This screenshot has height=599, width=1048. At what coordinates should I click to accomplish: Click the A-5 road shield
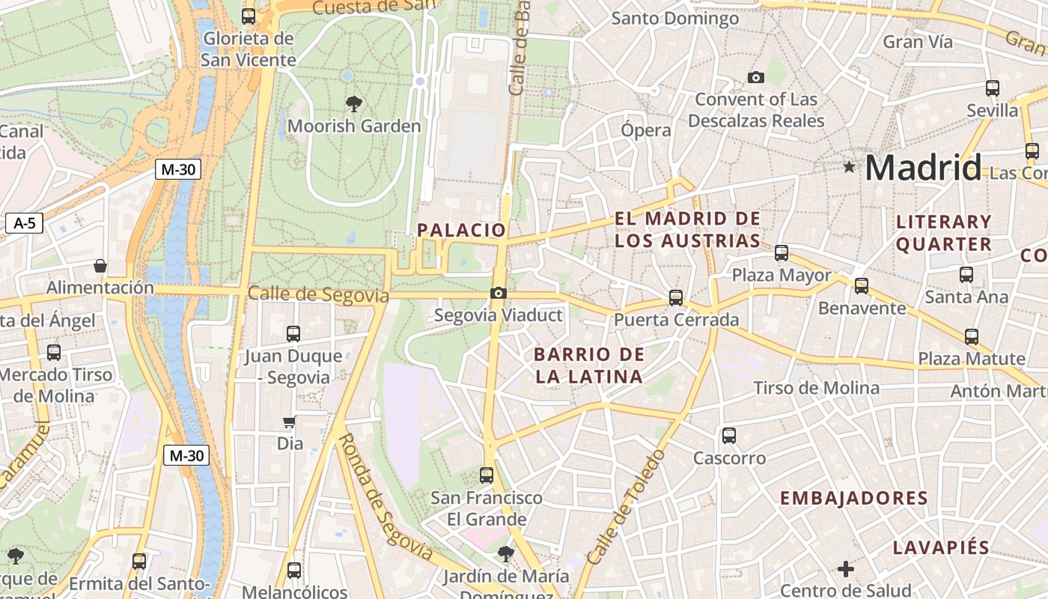click(x=25, y=222)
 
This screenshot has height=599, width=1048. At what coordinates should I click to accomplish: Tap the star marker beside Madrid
click(x=849, y=167)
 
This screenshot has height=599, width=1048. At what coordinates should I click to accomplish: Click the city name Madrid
click(x=923, y=168)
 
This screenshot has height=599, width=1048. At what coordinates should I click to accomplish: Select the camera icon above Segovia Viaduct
click(x=499, y=293)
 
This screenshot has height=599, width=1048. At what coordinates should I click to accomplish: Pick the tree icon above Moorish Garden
click(x=354, y=103)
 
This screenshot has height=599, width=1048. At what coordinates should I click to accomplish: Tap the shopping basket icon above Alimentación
click(x=100, y=266)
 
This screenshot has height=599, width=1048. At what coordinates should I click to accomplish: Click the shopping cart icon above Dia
click(x=290, y=422)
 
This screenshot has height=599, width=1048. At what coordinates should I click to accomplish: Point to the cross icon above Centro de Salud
click(x=846, y=569)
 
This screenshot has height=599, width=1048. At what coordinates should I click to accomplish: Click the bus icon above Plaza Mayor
click(x=782, y=253)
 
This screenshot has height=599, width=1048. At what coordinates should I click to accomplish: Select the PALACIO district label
click(x=462, y=230)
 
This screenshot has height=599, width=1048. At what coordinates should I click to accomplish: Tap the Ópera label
click(x=646, y=130)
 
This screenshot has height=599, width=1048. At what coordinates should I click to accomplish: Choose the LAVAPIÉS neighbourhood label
click(x=941, y=547)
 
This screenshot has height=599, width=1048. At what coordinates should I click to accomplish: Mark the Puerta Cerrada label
click(x=676, y=320)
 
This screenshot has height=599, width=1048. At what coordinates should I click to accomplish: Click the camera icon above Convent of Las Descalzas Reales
click(x=756, y=77)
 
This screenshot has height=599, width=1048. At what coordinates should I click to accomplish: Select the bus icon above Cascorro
click(x=729, y=435)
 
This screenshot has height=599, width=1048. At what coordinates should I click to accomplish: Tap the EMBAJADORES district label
click(x=853, y=498)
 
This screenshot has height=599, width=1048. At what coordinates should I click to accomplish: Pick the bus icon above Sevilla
click(x=993, y=88)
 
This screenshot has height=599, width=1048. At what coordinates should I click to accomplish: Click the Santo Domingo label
click(x=675, y=18)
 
